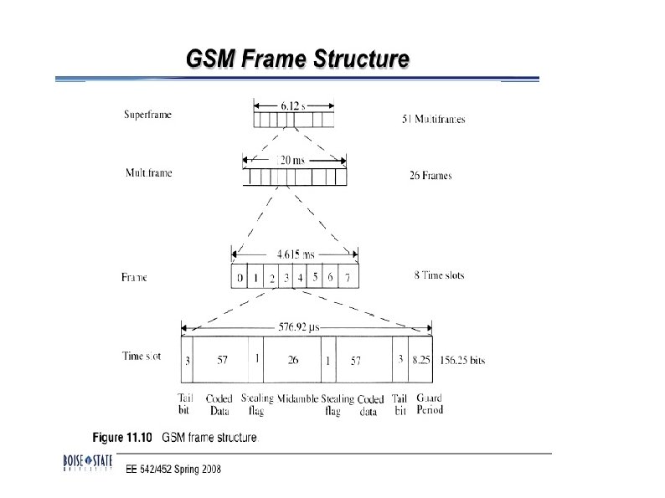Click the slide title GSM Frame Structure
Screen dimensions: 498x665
[297, 59]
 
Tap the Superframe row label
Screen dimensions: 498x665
[147, 115]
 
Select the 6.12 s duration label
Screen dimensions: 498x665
[293, 105]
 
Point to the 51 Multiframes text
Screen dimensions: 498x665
[433, 120]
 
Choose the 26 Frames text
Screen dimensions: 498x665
[430, 176]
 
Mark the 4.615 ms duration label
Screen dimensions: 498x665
[294, 253]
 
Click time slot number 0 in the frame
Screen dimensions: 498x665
[240, 277]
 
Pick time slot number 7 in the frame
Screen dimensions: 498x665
[348, 277]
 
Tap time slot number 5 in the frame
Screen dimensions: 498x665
[316, 276]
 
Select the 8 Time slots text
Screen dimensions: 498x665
[439, 275]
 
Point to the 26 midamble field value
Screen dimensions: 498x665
[292, 360]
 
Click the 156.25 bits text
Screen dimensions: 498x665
[462, 360]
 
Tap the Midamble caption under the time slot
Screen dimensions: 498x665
[297, 399]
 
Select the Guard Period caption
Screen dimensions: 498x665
[429, 404]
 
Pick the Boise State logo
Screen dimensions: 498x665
[87, 463]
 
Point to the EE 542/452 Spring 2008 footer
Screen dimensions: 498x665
[173, 469]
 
